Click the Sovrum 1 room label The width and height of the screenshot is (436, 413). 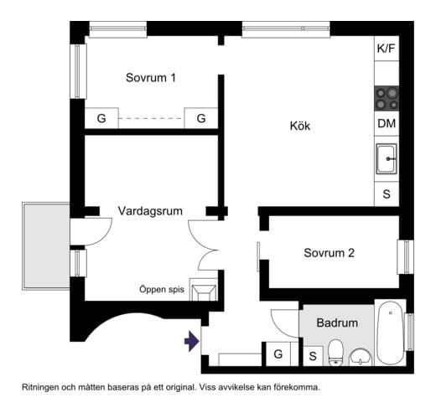pyautogui.click(x=151, y=78)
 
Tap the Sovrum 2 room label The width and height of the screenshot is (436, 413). pyautogui.click(x=330, y=252)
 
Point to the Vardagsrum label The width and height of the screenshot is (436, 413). pyautogui.click(x=150, y=210)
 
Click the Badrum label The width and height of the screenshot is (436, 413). pyautogui.click(x=337, y=323)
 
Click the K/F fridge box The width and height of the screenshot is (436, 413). pyautogui.click(x=386, y=49)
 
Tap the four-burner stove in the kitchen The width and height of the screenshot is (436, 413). pyautogui.click(x=386, y=98)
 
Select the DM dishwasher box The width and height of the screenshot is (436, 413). pyautogui.click(x=386, y=124)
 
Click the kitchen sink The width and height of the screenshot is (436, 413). pyautogui.click(x=386, y=157)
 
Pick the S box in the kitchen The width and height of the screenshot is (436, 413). pyautogui.click(x=386, y=194)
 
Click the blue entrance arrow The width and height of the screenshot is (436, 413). pyautogui.click(x=191, y=341)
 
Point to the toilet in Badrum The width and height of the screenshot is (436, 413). pyautogui.click(x=335, y=352)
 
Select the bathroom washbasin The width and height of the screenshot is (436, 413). pyautogui.click(x=361, y=356)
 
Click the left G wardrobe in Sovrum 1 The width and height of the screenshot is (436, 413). pyautogui.click(x=101, y=119)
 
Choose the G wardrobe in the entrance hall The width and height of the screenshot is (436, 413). pyautogui.click(x=278, y=354)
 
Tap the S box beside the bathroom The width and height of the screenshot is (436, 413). pyautogui.click(x=312, y=355)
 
